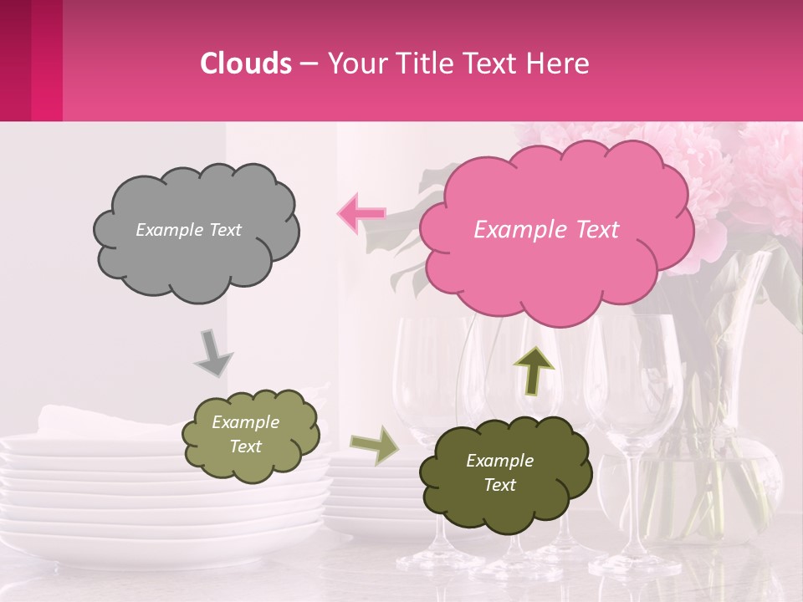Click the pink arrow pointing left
361,214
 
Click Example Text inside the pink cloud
546,230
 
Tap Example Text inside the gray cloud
188,230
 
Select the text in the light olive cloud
245,435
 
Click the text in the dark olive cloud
499,472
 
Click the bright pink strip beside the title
47,60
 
